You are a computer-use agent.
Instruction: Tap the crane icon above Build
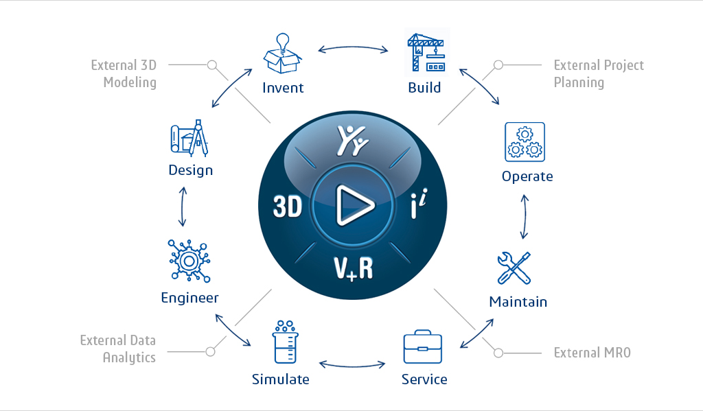click(x=426, y=52)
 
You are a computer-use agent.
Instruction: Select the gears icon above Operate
click(x=525, y=141)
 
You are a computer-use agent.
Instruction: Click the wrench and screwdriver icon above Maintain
click(x=514, y=268)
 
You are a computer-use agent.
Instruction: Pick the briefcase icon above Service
click(x=422, y=347)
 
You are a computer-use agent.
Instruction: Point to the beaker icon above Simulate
click(x=285, y=342)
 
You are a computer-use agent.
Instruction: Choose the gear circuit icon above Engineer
click(x=189, y=261)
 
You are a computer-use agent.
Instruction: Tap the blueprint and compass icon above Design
click(x=189, y=138)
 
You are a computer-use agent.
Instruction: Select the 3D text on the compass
click(x=288, y=207)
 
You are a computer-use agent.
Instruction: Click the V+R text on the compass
click(x=354, y=268)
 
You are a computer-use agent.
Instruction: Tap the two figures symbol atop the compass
click(x=352, y=140)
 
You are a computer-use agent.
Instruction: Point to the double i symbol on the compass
click(x=419, y=204)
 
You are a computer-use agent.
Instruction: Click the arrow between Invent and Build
click(x=353, y=47)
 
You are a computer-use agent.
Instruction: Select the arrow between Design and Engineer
click(x=183, y=207)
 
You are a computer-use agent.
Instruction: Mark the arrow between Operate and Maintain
click(x=524, y=217)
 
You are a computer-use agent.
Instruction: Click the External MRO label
click(x=592, y=353)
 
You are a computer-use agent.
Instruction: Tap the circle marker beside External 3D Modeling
click(x=212, y=65)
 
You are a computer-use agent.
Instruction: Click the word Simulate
click(x=280, y=379)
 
